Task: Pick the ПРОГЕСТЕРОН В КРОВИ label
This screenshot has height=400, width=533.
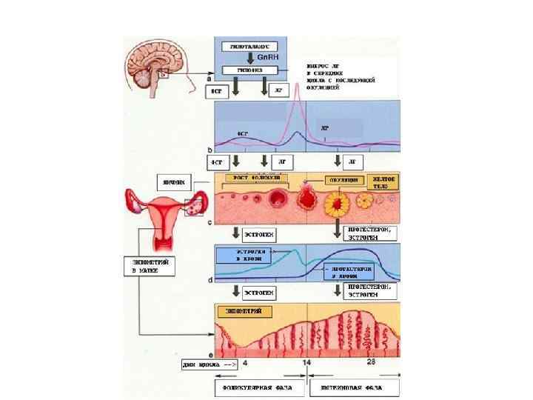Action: coord(346,272)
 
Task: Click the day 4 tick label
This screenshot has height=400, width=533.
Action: coord(245,363)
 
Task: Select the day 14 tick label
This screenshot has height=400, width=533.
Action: coord(306,363)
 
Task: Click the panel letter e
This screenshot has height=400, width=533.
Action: coord(211,354)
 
